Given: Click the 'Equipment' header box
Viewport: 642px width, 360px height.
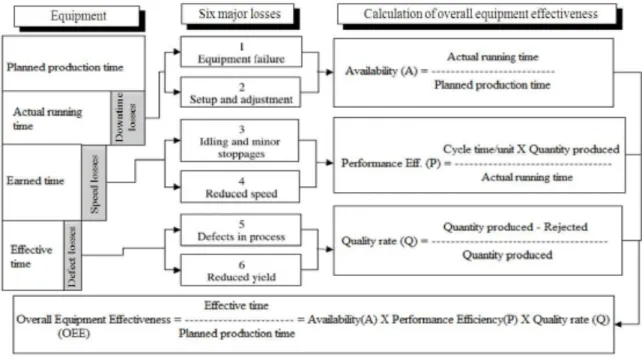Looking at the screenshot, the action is (77, 16).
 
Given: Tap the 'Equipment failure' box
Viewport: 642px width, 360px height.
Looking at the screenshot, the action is (241, 52).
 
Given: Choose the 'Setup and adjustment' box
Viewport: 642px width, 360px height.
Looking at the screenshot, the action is (241, 93).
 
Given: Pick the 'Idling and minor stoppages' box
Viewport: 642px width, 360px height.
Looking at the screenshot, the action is (240, 141).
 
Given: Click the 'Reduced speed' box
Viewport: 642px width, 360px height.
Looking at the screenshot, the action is (240, 187).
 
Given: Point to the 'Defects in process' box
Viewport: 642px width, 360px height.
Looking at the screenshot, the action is (241, 230).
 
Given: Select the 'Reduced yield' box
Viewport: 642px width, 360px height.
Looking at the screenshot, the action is (241, 270).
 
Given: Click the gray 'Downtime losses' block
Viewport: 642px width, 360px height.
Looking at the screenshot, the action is (128, 118).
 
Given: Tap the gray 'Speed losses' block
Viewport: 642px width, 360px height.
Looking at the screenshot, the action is (94, 183).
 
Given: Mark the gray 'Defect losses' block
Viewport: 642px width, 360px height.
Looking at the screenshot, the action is (72, 256).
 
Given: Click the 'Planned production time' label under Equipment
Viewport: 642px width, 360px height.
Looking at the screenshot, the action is (65, 67).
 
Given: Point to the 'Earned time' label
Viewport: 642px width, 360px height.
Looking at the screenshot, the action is (35, 181).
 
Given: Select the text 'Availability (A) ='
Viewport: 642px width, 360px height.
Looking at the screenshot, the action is (386, 71).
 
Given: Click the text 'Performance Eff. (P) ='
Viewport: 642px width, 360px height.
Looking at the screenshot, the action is (396, 163).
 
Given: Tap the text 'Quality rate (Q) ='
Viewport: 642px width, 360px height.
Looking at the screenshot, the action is (384, 241).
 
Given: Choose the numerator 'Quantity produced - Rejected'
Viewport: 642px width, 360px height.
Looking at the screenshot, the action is (515, 227).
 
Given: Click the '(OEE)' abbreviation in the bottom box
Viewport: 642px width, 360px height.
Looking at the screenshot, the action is (74, 333).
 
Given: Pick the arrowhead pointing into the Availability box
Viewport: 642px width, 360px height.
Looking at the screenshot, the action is (330, 72).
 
